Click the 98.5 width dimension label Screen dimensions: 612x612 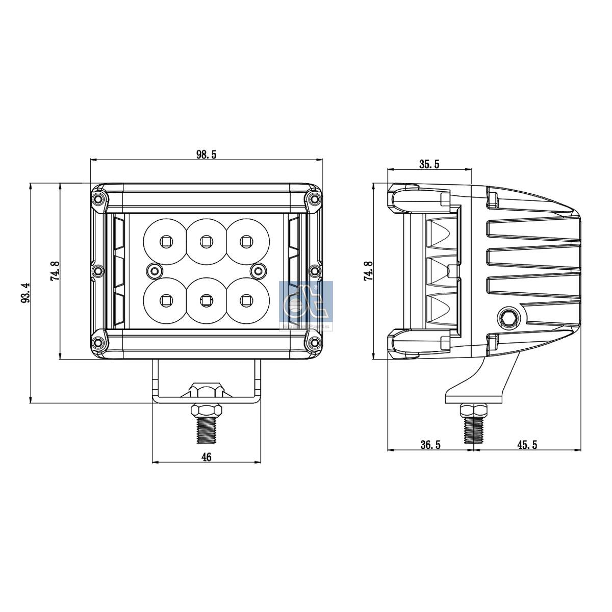point(207,155)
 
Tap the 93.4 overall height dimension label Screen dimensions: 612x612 point(25,293)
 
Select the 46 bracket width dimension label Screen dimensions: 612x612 point(207,457)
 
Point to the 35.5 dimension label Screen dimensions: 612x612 point(429,164)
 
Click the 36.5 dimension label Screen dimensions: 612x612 point(430,445)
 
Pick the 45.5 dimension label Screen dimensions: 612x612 point(527,445)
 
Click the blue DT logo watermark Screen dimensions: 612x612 point(306,304)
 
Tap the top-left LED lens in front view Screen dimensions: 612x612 point(165,240)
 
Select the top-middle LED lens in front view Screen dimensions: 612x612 point(206,240)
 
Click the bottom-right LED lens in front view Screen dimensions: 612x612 point(246,299)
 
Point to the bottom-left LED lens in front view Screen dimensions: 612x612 point(165,299)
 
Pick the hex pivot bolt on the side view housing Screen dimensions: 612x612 point(507,318)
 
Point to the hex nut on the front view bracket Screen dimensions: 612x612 point(207,391)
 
